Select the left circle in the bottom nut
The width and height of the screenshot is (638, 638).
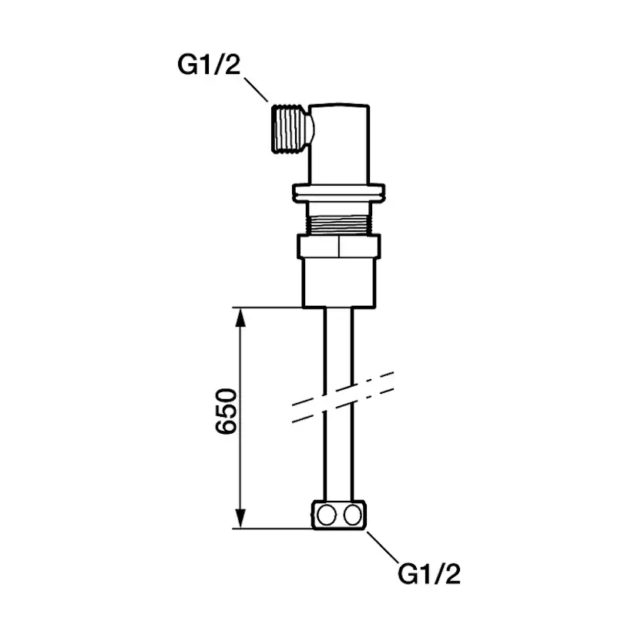click(327, 515)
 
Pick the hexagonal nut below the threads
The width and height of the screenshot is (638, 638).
click(339, 247)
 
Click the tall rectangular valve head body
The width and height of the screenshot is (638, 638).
click(339, 143)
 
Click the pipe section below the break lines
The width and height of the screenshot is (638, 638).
click(339, 462)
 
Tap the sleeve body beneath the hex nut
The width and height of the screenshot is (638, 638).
click(339, 283)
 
